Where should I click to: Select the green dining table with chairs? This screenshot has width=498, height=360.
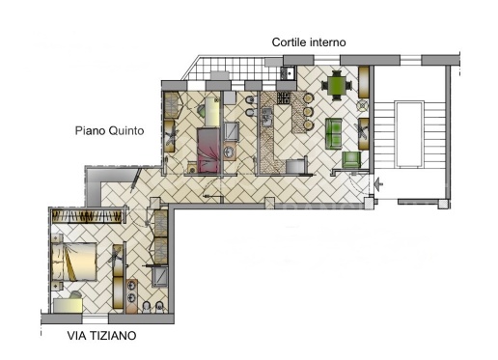(x=337, y=87)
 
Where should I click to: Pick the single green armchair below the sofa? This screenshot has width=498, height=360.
(x=351, y=158)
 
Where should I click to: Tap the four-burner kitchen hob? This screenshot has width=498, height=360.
(x=284, y=97)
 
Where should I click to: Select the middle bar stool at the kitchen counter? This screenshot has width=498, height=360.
(x=309, y=112)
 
